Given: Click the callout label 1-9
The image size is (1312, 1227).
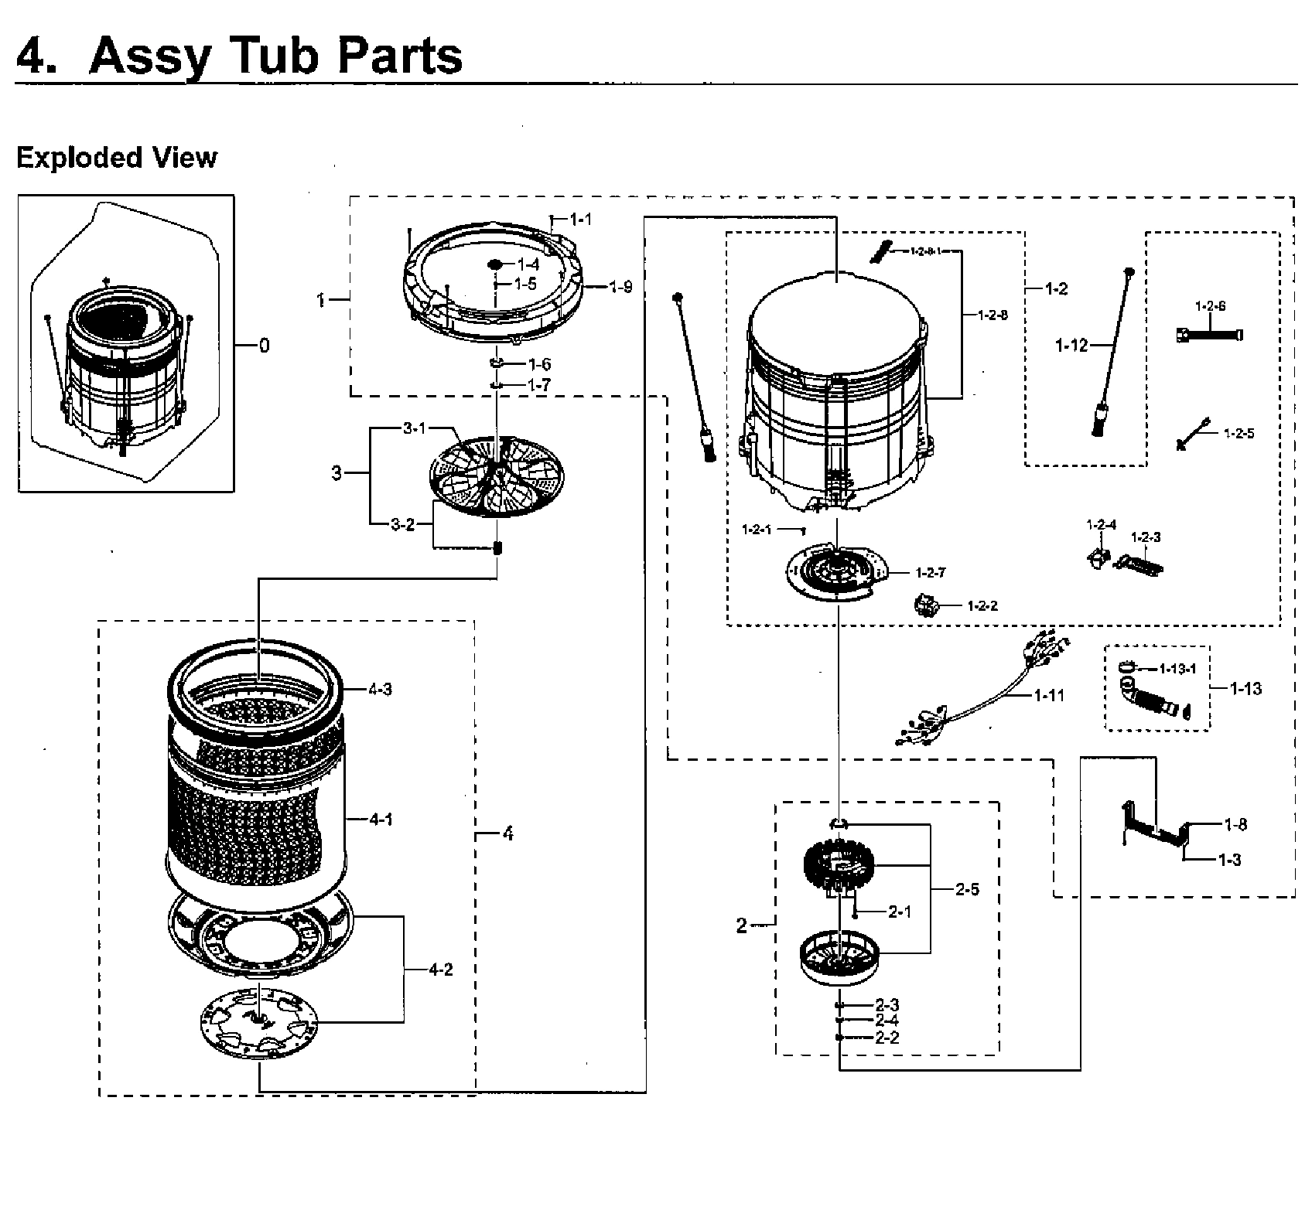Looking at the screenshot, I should (x=620, y=288).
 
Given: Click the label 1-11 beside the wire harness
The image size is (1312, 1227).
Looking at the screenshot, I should (x=1049, y=695).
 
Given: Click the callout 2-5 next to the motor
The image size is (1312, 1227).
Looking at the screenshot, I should (x=966, y=890).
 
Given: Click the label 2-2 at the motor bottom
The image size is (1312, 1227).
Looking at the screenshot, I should (x=887, y=1038).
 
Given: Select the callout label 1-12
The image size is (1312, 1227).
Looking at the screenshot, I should (x=1071, y=346).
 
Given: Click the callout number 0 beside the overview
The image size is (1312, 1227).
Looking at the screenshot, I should (x=265, y=346).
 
